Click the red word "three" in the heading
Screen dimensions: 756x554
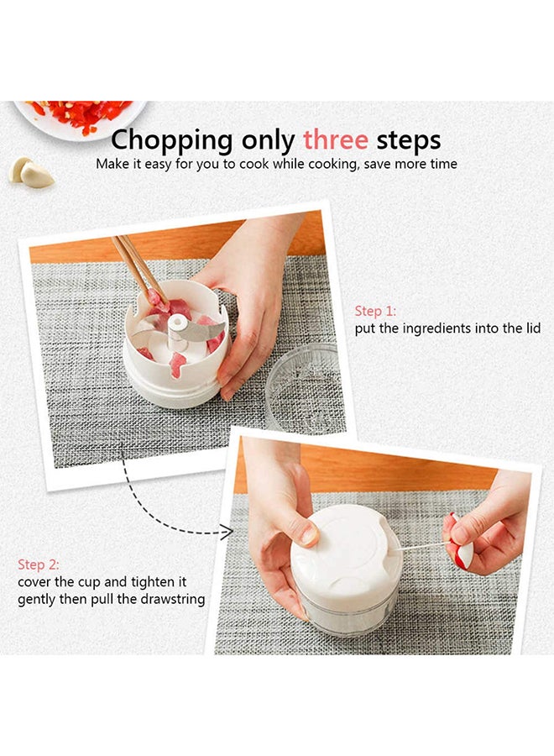[337, 139]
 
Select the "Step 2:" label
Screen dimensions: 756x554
[39, 564]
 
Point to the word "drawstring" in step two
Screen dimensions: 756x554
[173, 600]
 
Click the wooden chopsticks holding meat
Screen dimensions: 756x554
[134, 265]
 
